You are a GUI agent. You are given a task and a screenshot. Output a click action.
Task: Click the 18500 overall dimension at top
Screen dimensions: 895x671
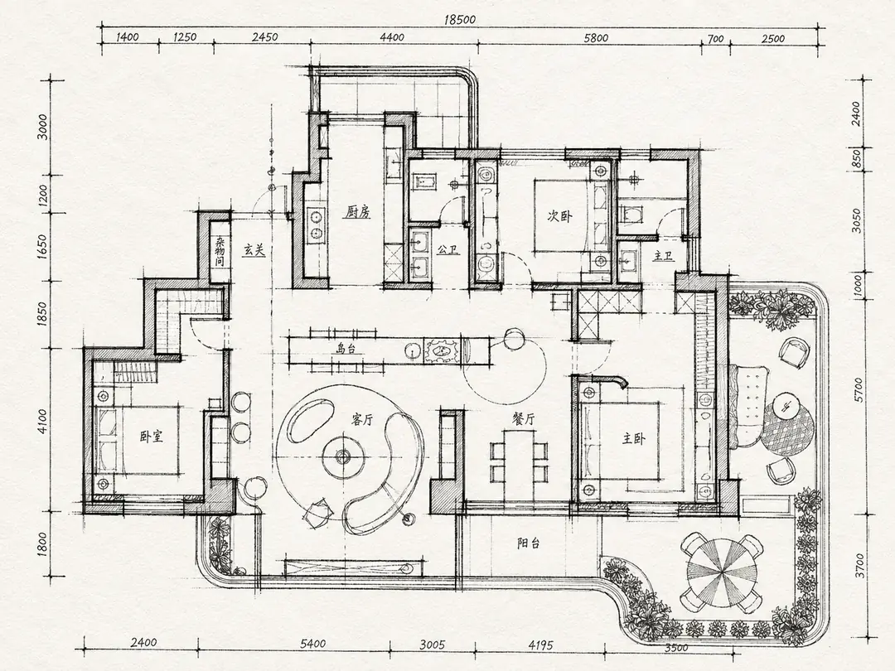459,19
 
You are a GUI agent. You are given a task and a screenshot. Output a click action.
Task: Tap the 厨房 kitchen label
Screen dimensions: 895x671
357,212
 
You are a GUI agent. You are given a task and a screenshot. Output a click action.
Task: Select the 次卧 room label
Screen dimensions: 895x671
559,215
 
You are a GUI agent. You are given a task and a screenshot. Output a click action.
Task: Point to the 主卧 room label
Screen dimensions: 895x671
634,438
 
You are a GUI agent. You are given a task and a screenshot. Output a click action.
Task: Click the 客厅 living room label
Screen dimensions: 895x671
362,420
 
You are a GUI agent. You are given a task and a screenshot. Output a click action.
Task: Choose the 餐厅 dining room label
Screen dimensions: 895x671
523,419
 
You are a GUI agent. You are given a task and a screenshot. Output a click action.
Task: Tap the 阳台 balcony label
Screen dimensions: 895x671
529,543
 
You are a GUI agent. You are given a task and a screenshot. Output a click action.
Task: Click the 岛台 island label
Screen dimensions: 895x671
346,349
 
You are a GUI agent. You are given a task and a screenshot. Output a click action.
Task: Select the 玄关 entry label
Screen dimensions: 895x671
254,250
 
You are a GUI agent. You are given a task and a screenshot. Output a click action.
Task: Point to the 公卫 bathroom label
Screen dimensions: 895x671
448,249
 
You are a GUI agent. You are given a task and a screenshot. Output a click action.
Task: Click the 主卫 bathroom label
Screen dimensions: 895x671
663,256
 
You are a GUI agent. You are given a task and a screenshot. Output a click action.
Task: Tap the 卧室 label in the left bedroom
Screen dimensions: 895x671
152,437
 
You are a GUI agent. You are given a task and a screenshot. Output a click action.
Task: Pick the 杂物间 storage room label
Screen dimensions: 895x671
220,252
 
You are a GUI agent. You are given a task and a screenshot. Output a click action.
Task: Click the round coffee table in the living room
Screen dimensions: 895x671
342,456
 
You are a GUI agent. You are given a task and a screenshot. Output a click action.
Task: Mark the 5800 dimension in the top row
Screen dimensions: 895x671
596,37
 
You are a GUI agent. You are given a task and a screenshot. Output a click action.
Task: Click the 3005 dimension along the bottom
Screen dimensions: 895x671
432,645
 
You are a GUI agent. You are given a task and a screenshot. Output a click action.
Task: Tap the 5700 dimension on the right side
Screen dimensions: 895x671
859,389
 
